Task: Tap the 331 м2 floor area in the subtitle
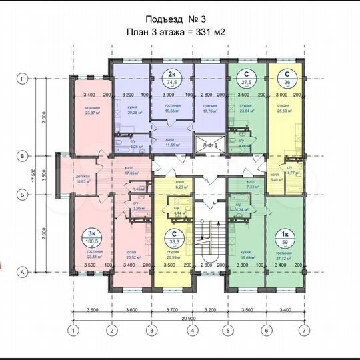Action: tap(211, 31)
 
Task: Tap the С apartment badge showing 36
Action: tap(287, 77)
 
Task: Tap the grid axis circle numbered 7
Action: tap(305, 329)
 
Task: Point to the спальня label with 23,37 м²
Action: tap(91, 110)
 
